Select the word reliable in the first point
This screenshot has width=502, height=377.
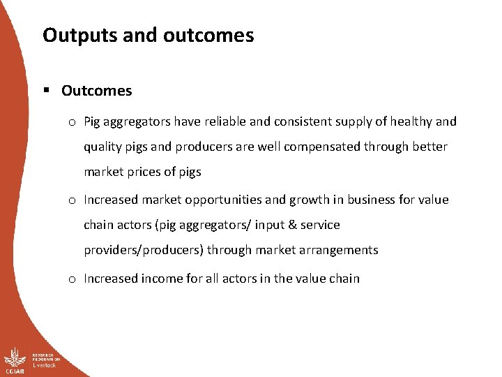[225, 121]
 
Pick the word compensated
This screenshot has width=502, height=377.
[330, 147]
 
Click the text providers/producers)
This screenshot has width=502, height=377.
[144, 250]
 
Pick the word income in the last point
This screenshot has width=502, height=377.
[165, 278]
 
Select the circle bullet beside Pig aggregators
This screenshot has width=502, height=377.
[73, 122]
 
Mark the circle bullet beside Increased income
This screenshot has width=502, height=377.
[73, 279]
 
